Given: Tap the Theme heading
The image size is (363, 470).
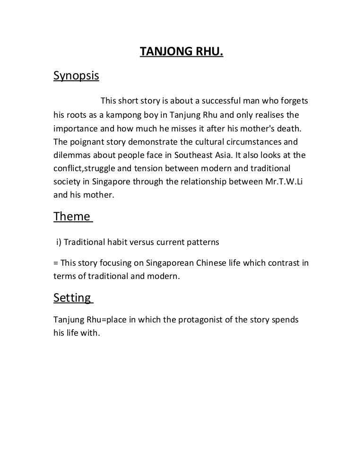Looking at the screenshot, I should (x=72, y=217).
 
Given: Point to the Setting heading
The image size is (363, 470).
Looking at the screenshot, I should (x=72, y=298).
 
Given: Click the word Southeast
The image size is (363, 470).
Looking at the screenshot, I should (x=213, y=154).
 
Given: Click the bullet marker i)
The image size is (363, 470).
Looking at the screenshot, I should (x=59, y=242).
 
